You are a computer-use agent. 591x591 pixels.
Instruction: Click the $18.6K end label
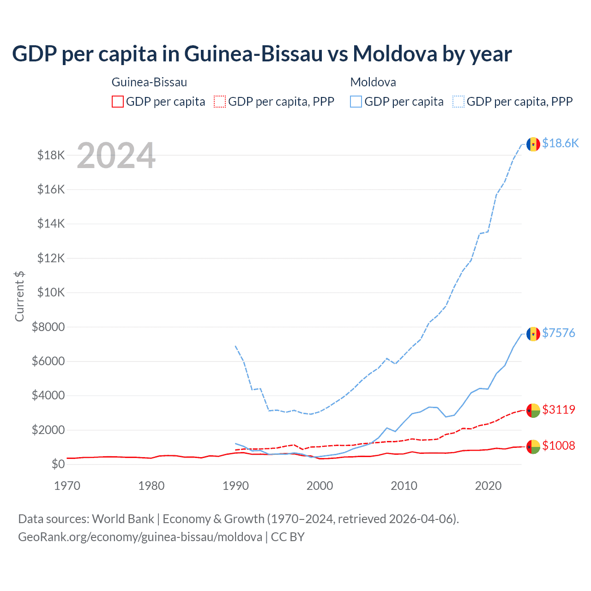560,144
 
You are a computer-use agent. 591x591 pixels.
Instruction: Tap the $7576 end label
558,333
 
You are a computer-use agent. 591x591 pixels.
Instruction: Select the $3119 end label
558,410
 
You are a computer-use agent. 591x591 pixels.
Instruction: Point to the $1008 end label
558,446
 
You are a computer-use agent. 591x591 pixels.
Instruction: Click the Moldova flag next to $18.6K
533,144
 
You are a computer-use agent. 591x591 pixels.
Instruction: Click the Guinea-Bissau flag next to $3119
533,410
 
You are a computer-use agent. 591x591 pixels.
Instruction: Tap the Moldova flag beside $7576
533,334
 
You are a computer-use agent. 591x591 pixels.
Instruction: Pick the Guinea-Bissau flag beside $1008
533,446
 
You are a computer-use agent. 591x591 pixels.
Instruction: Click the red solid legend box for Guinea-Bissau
118,102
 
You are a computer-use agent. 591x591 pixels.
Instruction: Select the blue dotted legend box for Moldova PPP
458,102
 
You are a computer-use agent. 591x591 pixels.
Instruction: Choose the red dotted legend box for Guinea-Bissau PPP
220,102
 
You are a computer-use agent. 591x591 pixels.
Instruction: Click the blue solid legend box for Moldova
356,102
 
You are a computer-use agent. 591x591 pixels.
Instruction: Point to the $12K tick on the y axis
51,258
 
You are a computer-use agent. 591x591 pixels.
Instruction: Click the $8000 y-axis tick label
48,327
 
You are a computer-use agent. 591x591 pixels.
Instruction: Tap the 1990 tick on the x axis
235,486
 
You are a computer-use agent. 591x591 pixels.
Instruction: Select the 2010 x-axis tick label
404,486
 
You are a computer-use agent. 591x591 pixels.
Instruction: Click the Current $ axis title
19,296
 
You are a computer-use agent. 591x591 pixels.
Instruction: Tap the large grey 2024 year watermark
116,156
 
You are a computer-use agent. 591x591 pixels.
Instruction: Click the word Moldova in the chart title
395,54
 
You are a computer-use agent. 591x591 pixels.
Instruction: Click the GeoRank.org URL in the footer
140,537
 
